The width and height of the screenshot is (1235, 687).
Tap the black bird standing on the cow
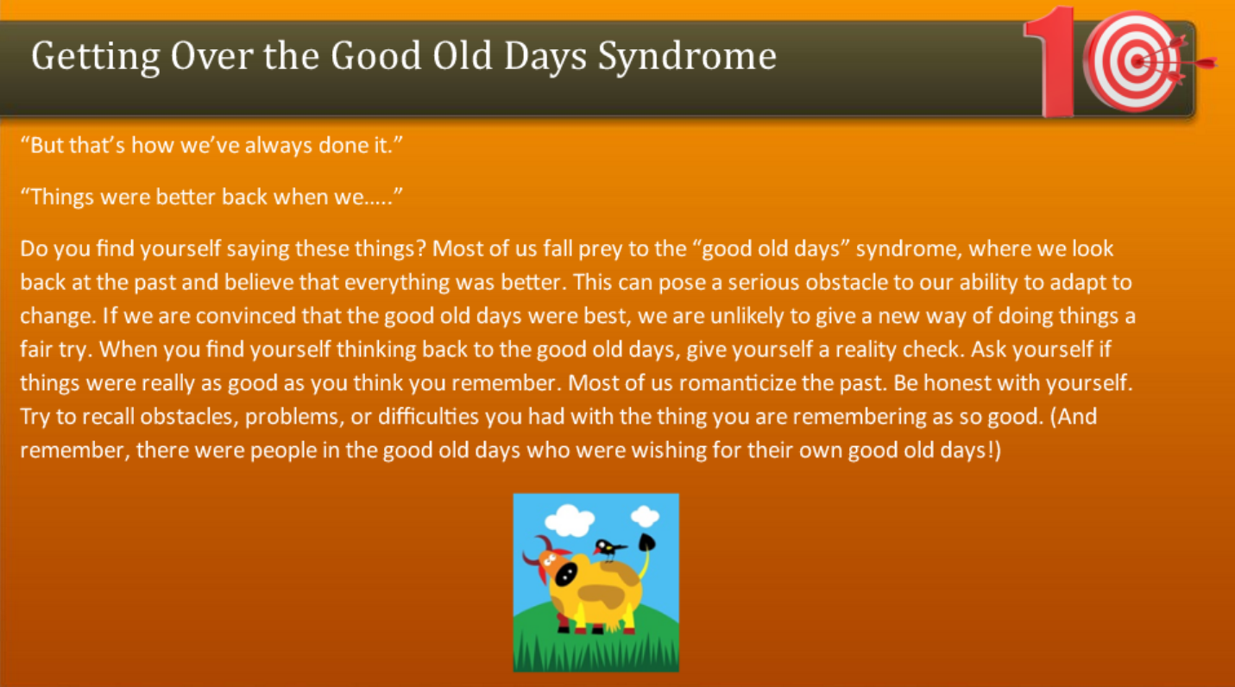(610, 548)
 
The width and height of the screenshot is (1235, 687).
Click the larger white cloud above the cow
(570, 520)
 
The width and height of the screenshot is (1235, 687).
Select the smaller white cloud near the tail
(645, 516)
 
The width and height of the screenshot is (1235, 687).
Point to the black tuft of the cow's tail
(646, 542)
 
